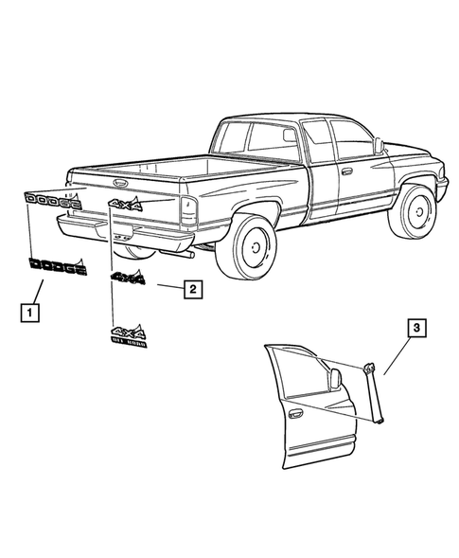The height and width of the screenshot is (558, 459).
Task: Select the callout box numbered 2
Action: [x=191, y=288]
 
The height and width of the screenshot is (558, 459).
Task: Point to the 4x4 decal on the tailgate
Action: [x=125, y=204]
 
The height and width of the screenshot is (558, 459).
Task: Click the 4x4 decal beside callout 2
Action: [x=128, y=278]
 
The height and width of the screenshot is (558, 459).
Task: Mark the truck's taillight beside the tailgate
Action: [x=188, y=211]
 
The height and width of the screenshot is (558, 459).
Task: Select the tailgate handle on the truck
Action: [x=122, y=182]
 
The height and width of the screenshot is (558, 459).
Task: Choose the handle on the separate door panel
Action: [x=295, y=412]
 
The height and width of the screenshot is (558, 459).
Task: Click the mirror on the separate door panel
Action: [x=333, y=379]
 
